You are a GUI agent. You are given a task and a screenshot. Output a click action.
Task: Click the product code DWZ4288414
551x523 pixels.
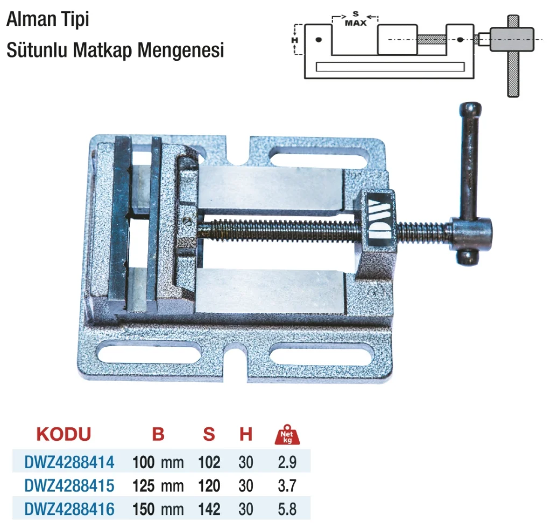69,462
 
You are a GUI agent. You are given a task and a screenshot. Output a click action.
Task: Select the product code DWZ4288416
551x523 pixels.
69,509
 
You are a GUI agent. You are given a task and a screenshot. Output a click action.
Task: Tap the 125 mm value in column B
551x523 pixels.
158,486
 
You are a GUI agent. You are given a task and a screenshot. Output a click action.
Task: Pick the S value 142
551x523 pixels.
209,509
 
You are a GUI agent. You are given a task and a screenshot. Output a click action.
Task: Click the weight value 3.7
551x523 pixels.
287,486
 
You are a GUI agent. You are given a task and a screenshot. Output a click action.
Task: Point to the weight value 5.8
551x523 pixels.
287,509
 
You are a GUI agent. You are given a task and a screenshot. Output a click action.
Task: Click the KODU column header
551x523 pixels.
63,434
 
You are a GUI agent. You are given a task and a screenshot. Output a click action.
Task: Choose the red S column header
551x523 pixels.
209,434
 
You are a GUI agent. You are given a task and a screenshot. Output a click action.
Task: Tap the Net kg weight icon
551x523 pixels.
287,434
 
